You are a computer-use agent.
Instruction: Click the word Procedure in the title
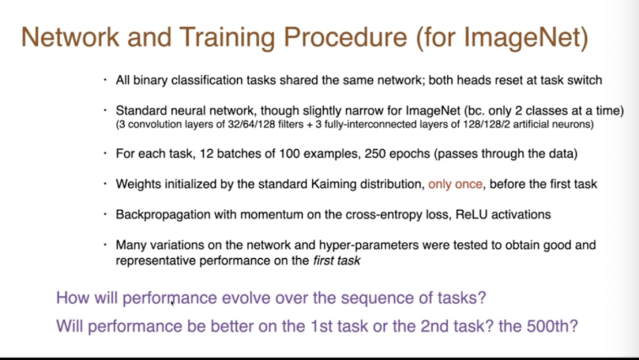point(345,37)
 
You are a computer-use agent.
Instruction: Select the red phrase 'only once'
point(455,184)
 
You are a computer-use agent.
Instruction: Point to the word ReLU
point(472,214)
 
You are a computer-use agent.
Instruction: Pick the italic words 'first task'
point(337,261)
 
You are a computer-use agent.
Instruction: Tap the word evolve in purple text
point(246,298)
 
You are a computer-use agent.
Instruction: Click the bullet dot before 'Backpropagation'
point(105,214)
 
